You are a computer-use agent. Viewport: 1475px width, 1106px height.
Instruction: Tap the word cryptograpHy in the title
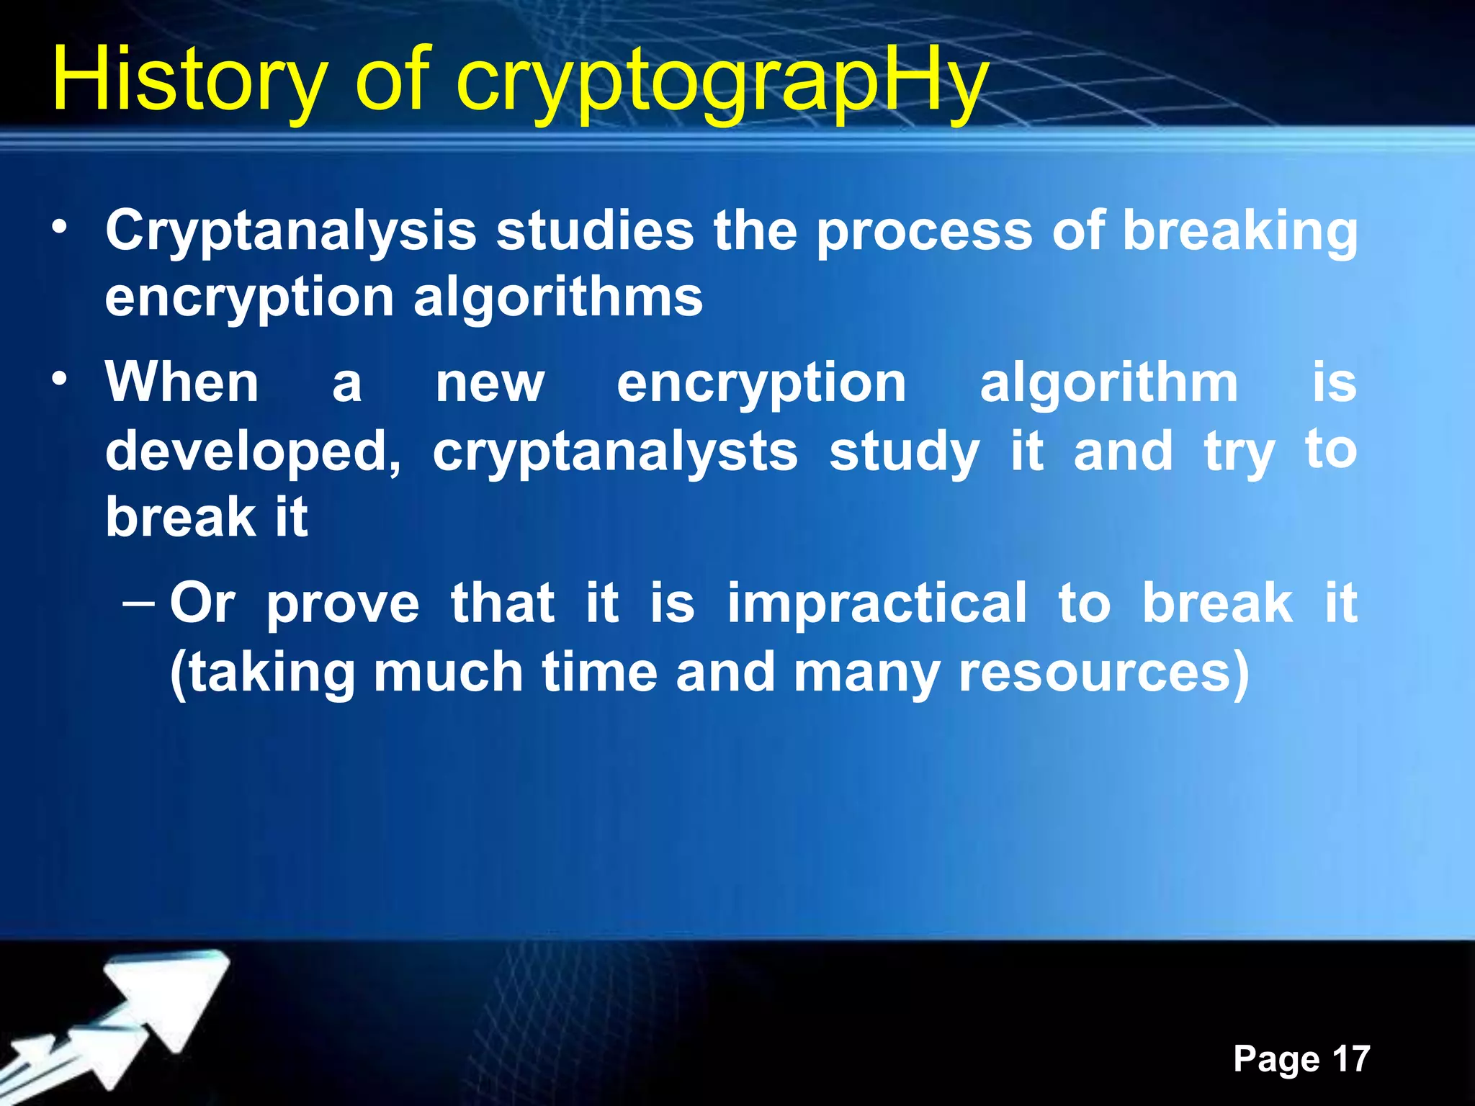pos(722,83)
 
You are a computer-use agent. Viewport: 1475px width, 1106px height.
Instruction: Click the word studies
pos(595,230)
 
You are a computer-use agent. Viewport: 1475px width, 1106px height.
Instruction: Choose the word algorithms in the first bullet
pos(558,297)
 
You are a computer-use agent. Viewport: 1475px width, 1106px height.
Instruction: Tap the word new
pos(490,383)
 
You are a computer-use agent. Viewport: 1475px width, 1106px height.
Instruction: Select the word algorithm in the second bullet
pos(1109,383)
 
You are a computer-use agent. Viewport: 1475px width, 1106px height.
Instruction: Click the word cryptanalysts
pos(615,452)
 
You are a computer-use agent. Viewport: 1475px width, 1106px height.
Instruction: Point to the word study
pos(905,452)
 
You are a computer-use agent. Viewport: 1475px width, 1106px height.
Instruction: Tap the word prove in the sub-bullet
pos(343,603)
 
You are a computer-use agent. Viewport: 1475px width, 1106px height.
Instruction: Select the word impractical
pos(877,603)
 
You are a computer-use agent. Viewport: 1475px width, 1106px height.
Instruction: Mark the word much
pos(448,673)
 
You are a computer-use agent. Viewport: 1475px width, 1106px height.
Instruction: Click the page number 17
pos(1351,1058)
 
